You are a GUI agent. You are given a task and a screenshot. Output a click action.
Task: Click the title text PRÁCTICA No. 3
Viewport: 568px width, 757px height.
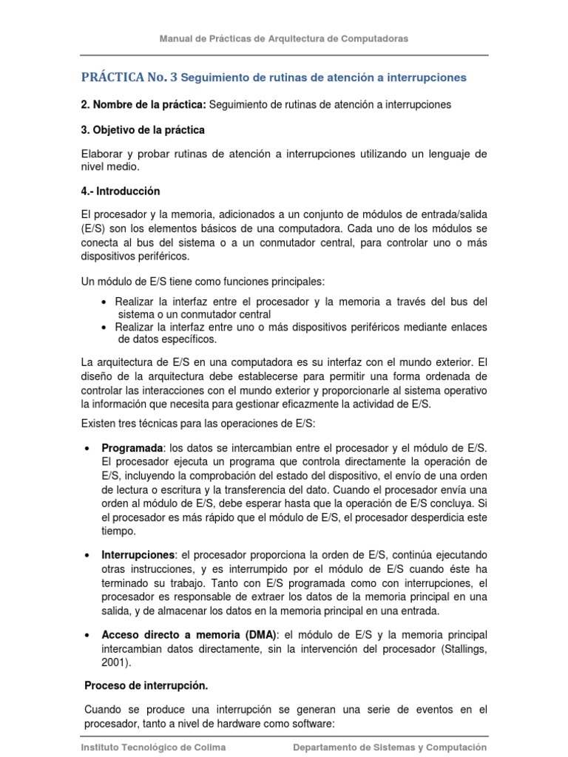point(129,77)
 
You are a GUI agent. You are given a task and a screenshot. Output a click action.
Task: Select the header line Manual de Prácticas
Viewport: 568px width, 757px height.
point(284,38)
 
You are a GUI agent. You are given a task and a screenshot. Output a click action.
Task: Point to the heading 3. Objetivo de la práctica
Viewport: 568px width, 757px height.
point(143,129)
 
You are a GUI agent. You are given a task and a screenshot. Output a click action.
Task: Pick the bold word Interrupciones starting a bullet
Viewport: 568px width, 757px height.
point(138,554)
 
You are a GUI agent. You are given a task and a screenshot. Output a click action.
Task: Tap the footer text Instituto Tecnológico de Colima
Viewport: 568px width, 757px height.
point(154,747)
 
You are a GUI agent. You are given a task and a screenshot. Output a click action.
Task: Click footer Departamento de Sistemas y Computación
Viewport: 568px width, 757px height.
point(390,747)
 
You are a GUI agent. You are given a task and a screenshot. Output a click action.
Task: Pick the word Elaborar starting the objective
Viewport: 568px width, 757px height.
point(103,154)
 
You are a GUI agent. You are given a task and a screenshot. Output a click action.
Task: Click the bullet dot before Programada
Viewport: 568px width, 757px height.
point(88,449)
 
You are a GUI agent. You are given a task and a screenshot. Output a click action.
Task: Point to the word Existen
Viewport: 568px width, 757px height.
point(100,422)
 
